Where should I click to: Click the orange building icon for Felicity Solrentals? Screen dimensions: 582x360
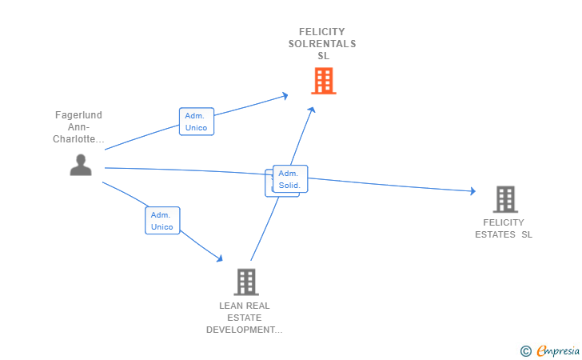(324, 81)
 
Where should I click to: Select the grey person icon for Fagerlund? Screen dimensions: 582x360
(81, 165)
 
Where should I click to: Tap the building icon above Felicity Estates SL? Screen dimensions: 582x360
(505, 199)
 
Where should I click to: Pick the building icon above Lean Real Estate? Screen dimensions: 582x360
(246, 282)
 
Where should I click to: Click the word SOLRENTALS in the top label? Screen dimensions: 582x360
(322, 44)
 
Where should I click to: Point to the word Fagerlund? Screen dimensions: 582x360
(78, 114)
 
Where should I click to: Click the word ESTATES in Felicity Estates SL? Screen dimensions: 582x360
(495, 234)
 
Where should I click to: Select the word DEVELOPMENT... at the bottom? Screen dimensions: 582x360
(245, 330)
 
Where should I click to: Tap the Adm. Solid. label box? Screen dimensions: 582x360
(290, 178)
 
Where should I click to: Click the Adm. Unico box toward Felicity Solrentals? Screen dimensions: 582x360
(197, 122)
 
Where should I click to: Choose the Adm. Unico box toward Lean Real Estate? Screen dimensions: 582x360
(162, 220)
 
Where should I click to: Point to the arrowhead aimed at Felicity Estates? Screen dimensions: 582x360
(473, 191)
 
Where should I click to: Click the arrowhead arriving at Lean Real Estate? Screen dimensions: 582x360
(219, 258)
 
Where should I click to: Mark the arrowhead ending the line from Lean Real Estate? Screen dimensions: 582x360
(312, 110)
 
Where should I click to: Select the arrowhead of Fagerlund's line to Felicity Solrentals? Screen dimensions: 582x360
(285, 96)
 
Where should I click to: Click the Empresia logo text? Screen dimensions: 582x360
(558, 350)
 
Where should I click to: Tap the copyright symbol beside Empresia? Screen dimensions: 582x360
(525, 351)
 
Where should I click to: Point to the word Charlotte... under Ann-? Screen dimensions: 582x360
(78, 139)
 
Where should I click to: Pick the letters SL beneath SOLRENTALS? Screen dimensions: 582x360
(323, 56)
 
